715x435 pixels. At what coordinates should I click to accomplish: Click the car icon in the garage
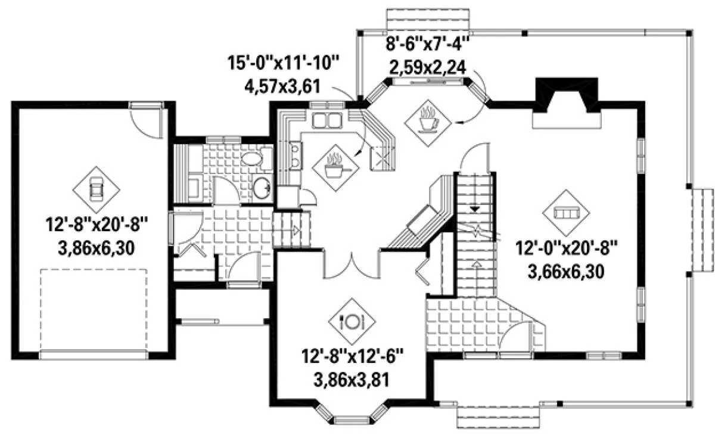[x=97, y=189]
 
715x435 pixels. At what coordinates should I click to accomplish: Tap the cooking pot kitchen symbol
[x=336, y=167]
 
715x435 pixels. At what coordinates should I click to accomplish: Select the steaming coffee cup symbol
[x=428, y=123]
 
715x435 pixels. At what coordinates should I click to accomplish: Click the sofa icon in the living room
[x=566, y=213]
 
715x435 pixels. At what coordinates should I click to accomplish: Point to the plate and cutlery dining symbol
[x=352, y=321]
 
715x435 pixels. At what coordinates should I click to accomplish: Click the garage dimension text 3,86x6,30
[x=97, y=248]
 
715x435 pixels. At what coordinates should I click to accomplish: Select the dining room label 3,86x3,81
[x=352, y=380]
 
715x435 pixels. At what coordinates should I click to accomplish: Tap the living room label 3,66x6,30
[x=566, y=272]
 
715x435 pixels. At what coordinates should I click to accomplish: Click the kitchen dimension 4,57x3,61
[x=282, y=86]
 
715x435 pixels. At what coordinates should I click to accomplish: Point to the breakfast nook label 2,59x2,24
[x=428, y=67]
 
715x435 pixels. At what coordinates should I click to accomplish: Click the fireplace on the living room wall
[x=567, y=102]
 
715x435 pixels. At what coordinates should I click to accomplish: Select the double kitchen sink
[x=327, y=120]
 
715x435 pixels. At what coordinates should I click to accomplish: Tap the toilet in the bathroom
[x=256, y=159]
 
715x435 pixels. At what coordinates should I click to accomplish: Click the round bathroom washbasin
[x=262, y=188]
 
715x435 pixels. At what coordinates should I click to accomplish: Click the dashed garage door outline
[x=94, y=310]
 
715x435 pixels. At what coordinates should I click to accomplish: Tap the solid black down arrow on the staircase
[x=475, y=209]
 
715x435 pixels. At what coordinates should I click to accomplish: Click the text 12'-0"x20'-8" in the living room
[x=567, y=248]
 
